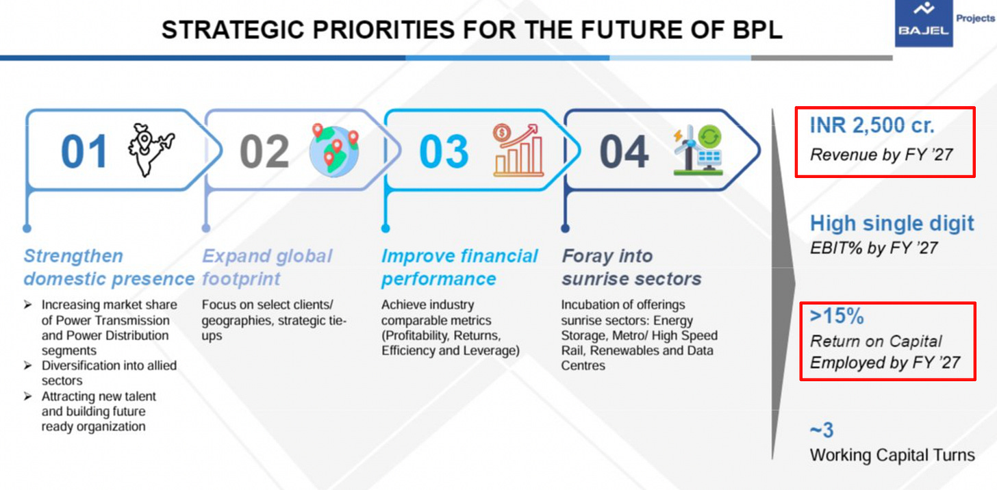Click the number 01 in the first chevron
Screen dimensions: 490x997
coord(84,151)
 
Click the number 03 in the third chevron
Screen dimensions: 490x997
coord(444,151)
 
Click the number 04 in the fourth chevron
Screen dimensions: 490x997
coord(624,151)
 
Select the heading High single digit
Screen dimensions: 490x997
coord(892,223)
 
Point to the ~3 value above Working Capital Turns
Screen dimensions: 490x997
coord(821,430)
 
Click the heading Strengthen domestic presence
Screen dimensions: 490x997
coord(108,268)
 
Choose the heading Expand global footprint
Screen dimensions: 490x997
coord(267,268)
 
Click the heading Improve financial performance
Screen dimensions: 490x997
coord(459,268)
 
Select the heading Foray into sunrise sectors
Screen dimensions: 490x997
coord(631,268)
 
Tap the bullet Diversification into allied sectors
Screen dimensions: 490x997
coord(108,373)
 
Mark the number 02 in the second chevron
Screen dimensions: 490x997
coord(264,151)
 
